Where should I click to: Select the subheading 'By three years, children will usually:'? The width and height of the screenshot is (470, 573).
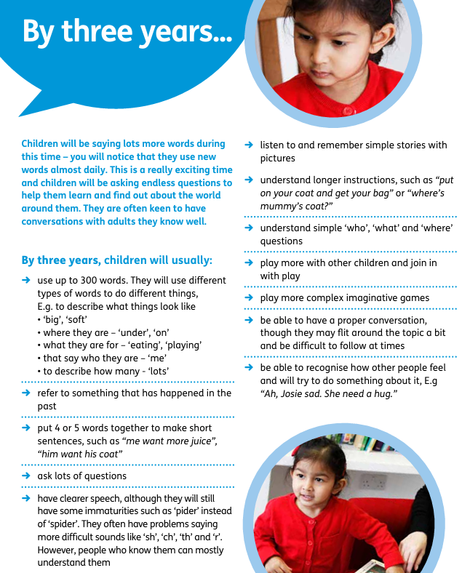point(117,260)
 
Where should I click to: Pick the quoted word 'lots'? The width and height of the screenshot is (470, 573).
point(156,372)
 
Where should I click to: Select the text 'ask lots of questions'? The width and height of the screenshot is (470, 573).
point(81,476)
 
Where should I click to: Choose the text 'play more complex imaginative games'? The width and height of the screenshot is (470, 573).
point(345,298)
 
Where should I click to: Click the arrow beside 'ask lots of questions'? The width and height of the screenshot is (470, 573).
point(26,476)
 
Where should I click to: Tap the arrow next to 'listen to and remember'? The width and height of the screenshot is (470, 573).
point(249,145)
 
